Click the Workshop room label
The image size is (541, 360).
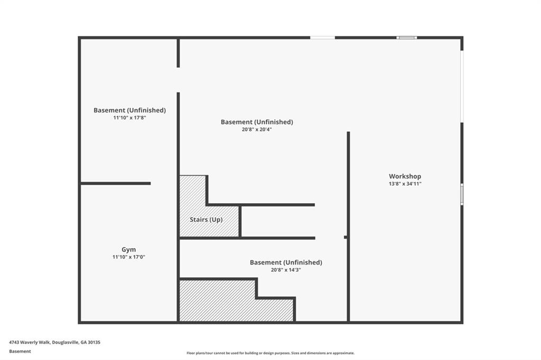click(405, 176)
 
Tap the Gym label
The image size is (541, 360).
click(129, 250)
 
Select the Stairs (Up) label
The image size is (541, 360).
click(206, 220)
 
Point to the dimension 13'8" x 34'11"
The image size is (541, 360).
click(405, 184)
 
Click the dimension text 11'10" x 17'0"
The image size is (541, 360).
click(129, 257)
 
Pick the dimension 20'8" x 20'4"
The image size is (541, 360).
click(257, 130)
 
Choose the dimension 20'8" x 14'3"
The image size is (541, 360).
click(286, 270)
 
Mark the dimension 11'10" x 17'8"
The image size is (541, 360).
click(130, 118)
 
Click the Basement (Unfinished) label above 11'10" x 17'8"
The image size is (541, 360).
click(130, 110)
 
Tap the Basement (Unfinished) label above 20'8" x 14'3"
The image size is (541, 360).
click(286, 262)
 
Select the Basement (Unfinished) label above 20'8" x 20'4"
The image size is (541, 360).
click(257, 122)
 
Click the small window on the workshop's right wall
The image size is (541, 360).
click(462, 194)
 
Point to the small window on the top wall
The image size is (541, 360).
click(406, 37)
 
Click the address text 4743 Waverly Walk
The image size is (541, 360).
click(30, 343)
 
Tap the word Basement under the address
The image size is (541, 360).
click(20, 352)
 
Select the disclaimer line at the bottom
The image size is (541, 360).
click(270, 353)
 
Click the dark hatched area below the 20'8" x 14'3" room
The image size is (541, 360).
click(236, 301)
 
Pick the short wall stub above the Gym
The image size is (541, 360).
click(116, 184)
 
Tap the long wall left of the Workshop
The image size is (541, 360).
click(349, 226)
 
